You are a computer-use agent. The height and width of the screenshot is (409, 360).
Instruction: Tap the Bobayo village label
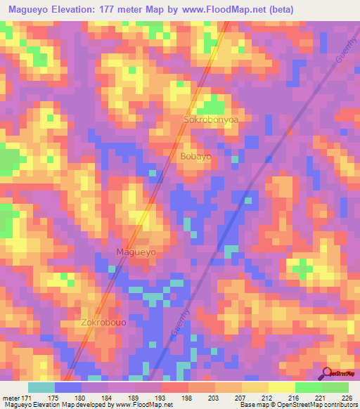pos(195,157)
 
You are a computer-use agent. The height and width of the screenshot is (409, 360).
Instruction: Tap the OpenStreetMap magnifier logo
pos(327,373)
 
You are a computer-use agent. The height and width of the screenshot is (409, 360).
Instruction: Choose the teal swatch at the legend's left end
pos(41,387)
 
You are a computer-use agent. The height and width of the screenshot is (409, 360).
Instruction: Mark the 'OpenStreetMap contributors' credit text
pos(320,405)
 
